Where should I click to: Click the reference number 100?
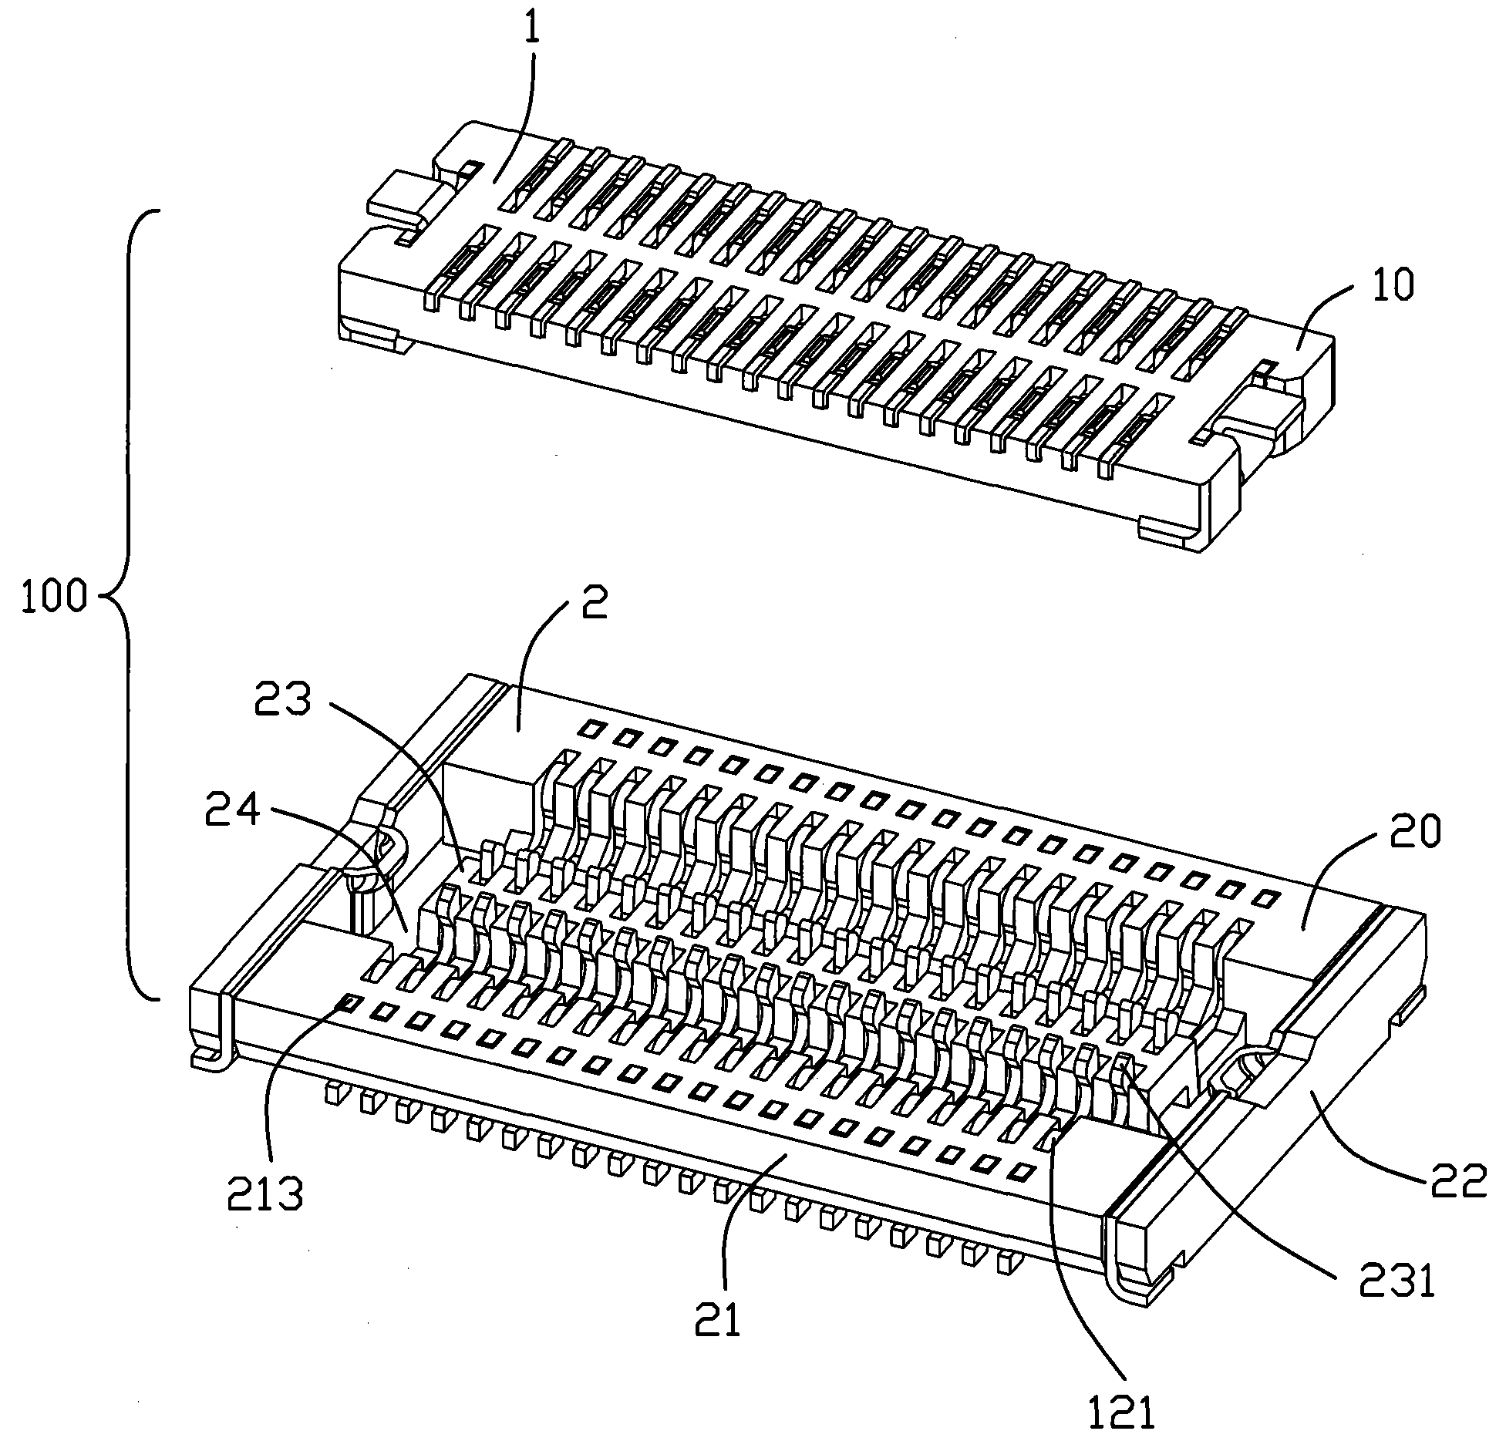coord(53,598)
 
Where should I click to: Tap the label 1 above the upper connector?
coord(532,29)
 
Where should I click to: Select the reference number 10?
coord(1393,286)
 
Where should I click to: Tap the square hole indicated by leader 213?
coord(350,1002)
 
